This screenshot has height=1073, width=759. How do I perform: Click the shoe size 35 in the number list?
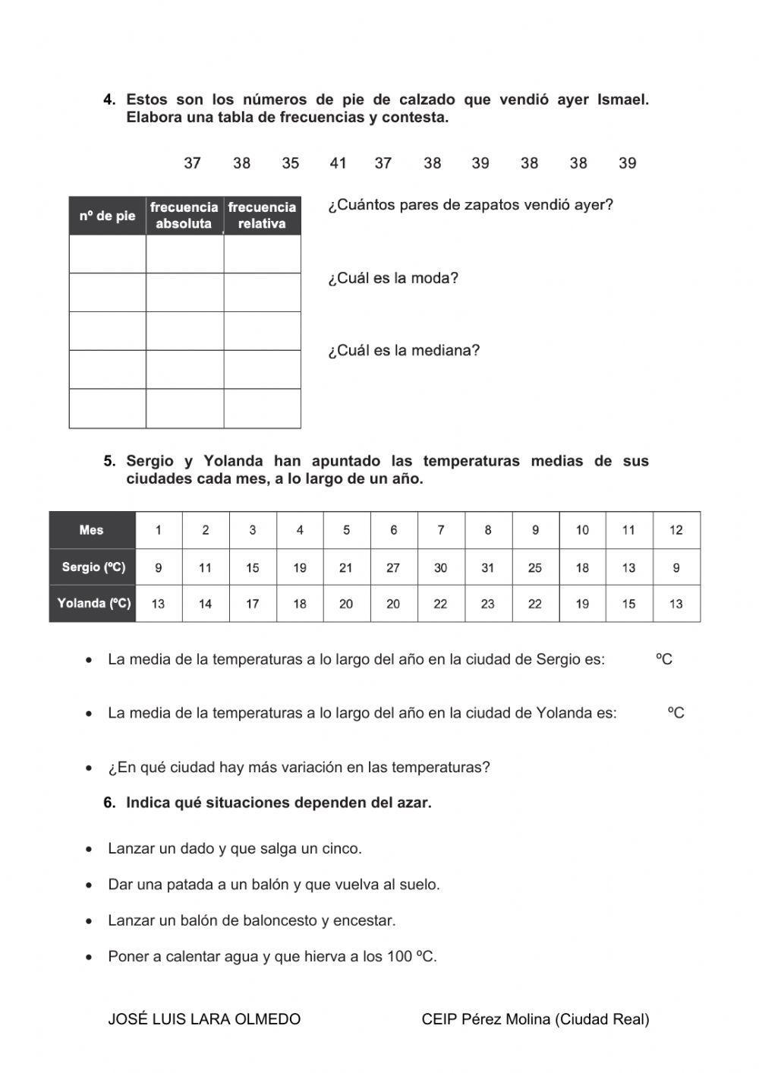pyautogui.click(x=291, y=163)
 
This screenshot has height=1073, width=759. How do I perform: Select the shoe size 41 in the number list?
pyautogui.click(x=338, y=163)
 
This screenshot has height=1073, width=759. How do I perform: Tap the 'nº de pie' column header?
pyautogui.click(x=107, y=216)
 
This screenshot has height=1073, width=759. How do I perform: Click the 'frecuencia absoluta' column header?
pyautogui.click(x=184, y=216)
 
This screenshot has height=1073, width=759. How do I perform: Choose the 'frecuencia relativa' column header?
pyautogui.click(x=262, y=216)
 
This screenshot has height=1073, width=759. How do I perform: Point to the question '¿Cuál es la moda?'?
pyautogui.click(x=393, y=278)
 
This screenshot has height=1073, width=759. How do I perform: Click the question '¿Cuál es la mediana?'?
pyautogui.click(x=404, y=351)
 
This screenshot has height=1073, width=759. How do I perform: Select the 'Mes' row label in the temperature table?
pyautogui.click(x=91, y=530)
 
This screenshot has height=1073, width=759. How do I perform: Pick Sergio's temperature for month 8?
pyautogui.click(x=487, y=567)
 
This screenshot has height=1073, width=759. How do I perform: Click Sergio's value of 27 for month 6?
pyautogui.click(x=393, y=567)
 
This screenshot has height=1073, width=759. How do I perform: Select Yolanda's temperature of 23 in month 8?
pyautogui.click(x=487, y=604)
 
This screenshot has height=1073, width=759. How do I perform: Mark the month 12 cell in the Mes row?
pyautogui.click(x=676, y=530)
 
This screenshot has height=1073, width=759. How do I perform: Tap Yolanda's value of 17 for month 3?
pyautogui.click(x=252, y=604)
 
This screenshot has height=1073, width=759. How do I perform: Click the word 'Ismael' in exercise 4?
pyautogui.click(x=623, y=99)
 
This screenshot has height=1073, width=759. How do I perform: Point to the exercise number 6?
pyautogui.click(x=109, y=803)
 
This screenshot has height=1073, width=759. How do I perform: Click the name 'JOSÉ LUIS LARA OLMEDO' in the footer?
pyautogui.click(x=204, y=1019)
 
